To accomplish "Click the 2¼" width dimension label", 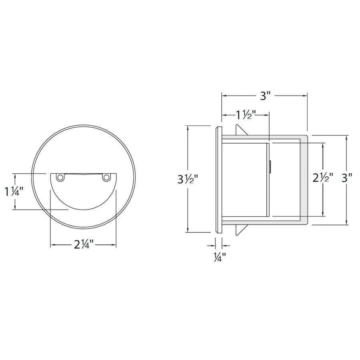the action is pyautogui.click(x=84, y=244).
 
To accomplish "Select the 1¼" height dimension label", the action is pyautogui.click(x=14, y=191).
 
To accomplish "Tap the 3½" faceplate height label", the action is pyautogui.click(x=188, y=179).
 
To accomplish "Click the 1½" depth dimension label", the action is pyautogui.click(x=246, y=115).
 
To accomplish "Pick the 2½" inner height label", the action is pyautogui.click(x=323, y=177).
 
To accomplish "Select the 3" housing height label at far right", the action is pyautogui.click(x=347, y=178).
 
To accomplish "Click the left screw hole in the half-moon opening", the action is pyautogui.click(x=60, y=177).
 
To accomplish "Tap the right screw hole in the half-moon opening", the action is pyautogui.click(x=106, y=177).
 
